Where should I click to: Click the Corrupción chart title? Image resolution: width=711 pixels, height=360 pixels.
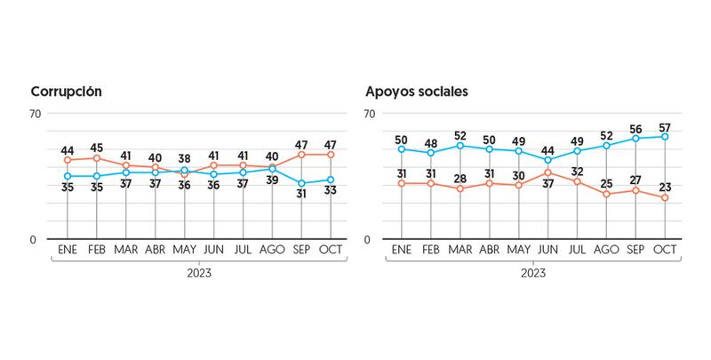click(x=67, y=92)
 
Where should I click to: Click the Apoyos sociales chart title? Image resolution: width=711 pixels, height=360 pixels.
click(x=417, y=92)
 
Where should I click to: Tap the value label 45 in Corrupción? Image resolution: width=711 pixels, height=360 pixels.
click(x=97, y=148)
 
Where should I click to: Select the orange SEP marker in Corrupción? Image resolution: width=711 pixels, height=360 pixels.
click(x=301, y=155)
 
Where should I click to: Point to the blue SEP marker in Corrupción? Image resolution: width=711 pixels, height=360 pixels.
click(x=301, y=183)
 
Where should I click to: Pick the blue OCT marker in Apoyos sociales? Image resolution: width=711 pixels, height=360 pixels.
click(x=665, y=136)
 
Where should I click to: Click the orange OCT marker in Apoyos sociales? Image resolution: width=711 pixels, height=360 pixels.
click(x=665, y=197)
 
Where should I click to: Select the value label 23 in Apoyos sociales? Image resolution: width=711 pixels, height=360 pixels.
click(x=665, y=186)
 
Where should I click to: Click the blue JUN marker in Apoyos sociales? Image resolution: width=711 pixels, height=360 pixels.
click(x=547, y=160)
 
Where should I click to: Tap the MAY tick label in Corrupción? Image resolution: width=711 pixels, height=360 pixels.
click(x=185, y=250)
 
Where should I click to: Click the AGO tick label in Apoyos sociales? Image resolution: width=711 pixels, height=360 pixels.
click(x=606, y=250)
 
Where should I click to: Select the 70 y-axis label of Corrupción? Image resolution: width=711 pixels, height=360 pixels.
click(x=36, y=114)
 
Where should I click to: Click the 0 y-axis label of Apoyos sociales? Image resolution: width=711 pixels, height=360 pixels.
click(x=369, y=240)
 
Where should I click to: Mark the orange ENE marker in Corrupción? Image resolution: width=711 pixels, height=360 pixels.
click(x=68, y=160)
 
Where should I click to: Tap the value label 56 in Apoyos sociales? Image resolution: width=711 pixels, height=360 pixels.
click(x=635, y=127)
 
